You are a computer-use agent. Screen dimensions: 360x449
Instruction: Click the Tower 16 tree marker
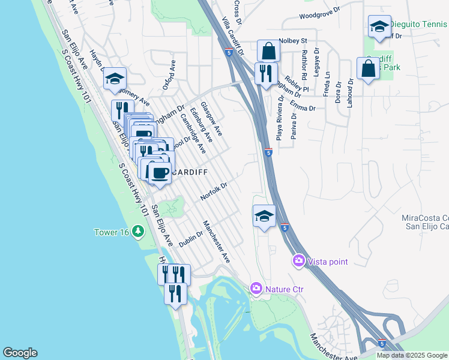pos(138,231)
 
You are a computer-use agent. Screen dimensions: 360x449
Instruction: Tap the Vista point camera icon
pos(298,261)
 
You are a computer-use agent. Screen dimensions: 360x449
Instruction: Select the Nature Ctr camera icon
pos(257,289)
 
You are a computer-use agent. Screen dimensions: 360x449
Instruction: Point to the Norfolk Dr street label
pos(214,191)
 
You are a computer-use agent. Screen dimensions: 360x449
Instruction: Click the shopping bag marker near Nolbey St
pos(268,51)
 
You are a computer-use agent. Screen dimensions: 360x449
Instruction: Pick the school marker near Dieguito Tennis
pos(379,27)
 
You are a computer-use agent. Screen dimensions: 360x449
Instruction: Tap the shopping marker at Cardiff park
pos(368,68)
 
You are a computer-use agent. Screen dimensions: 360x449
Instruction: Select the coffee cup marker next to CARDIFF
pos(160,173)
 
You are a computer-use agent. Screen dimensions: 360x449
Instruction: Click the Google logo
pos(20,353)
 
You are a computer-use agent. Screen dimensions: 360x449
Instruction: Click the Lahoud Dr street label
pos(349,93)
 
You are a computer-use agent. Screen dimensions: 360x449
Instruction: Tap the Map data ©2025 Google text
pos(411,355)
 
